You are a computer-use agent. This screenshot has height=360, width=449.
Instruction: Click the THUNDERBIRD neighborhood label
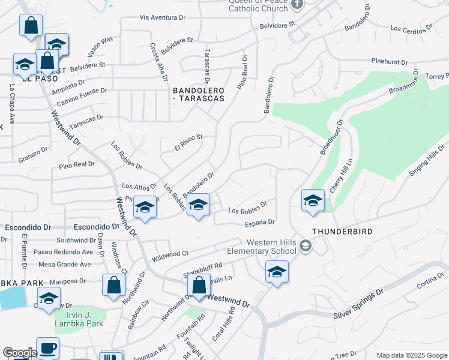point(342,232)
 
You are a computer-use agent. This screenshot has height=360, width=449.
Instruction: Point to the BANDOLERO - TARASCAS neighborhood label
point(198,94)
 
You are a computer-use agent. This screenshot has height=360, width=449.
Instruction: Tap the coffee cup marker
point(47,348)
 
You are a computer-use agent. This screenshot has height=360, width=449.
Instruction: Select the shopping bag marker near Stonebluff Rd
point(199,285)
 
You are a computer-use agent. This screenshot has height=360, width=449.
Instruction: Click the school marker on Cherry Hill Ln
point(313,201)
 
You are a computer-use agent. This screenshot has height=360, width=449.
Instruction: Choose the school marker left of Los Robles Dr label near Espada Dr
point(198,206)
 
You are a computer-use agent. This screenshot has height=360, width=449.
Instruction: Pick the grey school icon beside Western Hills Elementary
point(306,245)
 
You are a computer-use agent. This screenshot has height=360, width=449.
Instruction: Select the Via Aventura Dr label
point(164,18)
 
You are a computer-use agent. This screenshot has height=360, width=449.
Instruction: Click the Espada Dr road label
point(259,222)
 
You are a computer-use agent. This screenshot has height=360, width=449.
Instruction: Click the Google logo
point(20,353)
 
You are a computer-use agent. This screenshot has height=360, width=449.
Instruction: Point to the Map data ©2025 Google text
point(411,355)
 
